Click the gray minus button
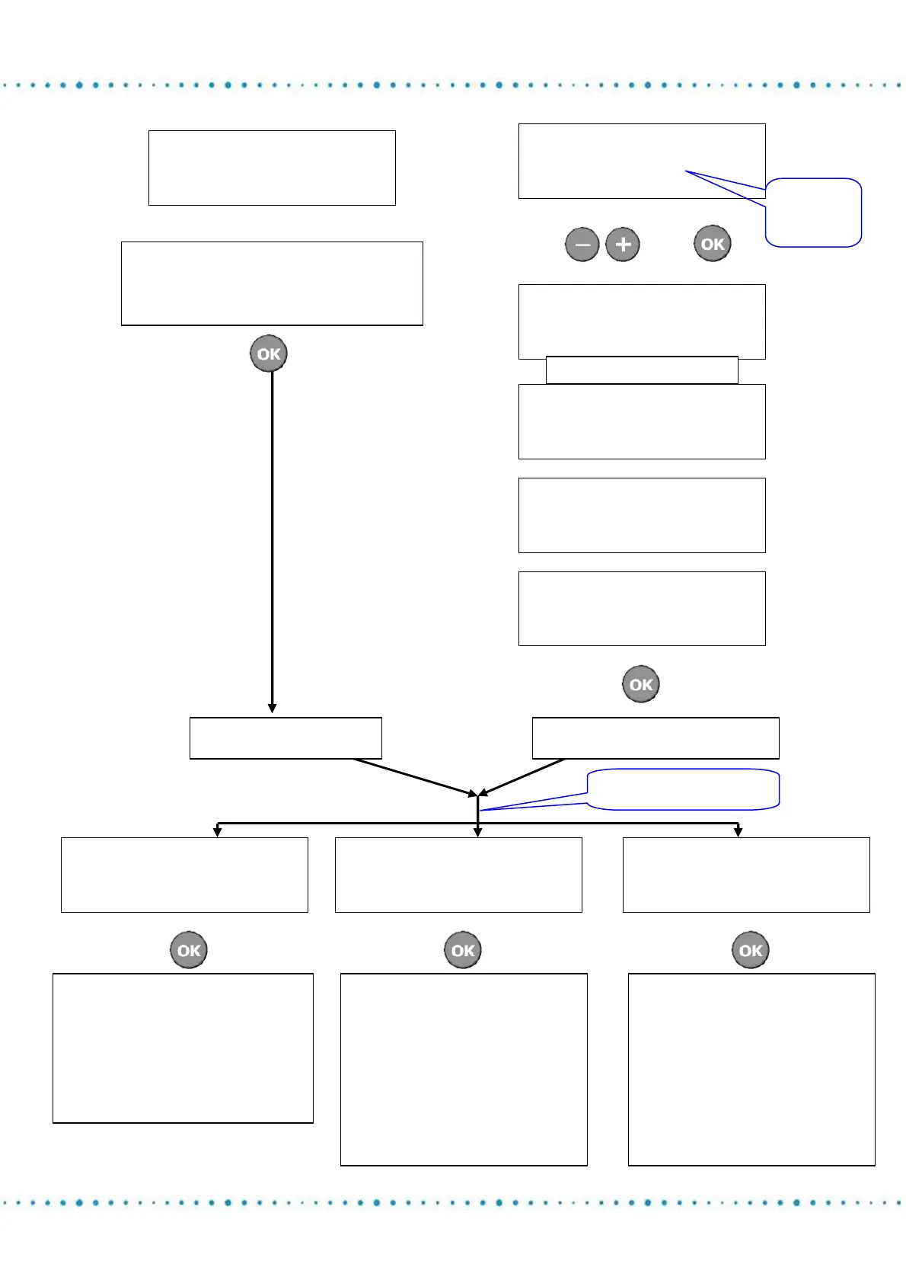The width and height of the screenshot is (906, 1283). [582, 245]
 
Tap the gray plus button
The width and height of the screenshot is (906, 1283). [623, 245]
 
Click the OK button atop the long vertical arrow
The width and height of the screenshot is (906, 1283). [269, 354]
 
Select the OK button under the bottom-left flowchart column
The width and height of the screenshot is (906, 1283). [189, 950]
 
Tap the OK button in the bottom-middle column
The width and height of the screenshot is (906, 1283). [463, 950]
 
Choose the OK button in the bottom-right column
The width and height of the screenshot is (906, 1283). [751, 950]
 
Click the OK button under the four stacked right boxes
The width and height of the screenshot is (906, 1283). [641, 684]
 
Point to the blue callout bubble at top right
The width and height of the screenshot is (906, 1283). [813, 213]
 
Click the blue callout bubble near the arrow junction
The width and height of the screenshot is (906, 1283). [683, 789]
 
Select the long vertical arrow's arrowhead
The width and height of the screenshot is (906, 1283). [272, 709]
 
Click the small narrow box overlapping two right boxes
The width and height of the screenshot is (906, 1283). [642, 370]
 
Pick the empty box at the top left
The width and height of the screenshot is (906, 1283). [272, 168]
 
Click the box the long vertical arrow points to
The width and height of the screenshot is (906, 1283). [286, 737]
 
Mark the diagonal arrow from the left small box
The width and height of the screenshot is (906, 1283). [415, 777]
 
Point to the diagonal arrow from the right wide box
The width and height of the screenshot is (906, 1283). [522, 777]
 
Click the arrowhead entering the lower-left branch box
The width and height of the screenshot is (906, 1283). [218, 832]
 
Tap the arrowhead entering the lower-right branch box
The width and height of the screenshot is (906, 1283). [738, 832]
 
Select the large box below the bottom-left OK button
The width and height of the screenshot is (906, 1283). [183, 1048]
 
